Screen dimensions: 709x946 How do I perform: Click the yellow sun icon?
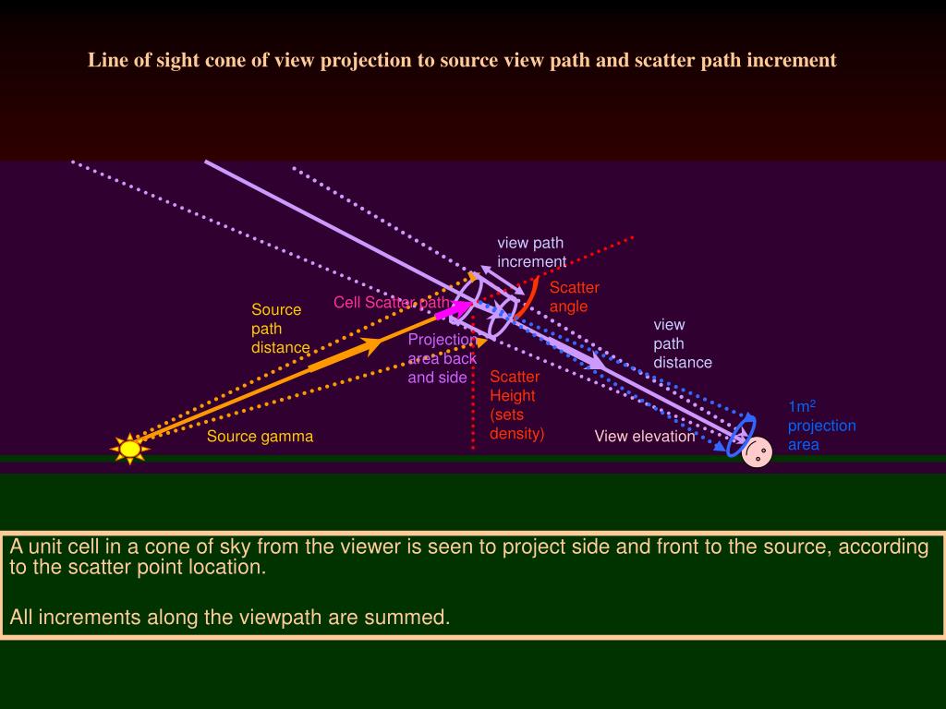point(130,449)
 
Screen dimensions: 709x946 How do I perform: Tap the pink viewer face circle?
point(757,452)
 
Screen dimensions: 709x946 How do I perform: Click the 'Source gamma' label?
point(260,437)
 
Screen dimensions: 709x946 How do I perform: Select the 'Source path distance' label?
point(280,329)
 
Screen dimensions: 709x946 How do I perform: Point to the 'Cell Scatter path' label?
point(392,303)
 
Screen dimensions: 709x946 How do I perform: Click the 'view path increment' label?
point(531,252)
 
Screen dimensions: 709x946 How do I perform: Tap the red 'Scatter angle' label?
point(574,296)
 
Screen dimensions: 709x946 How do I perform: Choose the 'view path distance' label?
point(682,343)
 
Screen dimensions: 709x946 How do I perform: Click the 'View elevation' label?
point(644,436)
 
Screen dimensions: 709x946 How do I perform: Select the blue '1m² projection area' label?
point(820,426)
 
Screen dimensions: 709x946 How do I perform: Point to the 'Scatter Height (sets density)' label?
point(515,404)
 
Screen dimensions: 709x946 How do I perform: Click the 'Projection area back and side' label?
point(443,358)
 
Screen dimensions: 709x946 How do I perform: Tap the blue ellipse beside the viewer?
point(741,436)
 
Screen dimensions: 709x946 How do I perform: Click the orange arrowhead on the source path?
point(371,345)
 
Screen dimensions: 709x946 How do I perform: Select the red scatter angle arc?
point(528,298)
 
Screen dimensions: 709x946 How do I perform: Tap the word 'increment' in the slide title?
point(791,60)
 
